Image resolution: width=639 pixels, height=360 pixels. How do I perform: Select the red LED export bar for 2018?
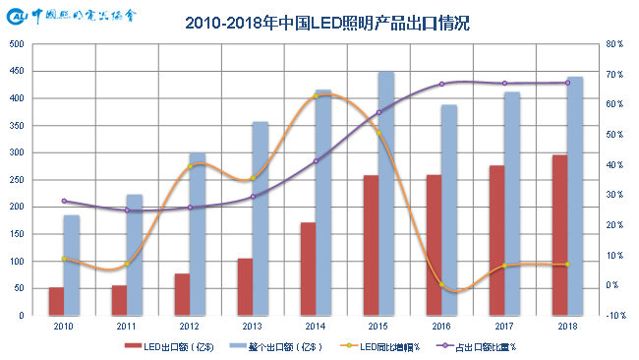(559, 235)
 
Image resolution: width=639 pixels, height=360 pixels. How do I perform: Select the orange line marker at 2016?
(441, 285)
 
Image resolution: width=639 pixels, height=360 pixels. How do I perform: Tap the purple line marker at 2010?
(64, 201)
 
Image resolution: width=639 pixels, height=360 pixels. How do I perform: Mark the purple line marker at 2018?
(567, 83)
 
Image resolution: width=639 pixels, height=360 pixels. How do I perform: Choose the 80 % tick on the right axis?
(614, 44)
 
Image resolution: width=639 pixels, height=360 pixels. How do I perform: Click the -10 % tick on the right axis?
(614, 316)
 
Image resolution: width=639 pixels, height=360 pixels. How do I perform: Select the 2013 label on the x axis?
(253, 326)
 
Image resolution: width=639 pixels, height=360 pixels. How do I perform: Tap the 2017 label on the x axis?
(504, 326)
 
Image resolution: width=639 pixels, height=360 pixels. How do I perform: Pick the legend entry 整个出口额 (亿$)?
(271, 346)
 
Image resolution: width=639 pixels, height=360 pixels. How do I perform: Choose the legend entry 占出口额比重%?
(483, 346)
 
